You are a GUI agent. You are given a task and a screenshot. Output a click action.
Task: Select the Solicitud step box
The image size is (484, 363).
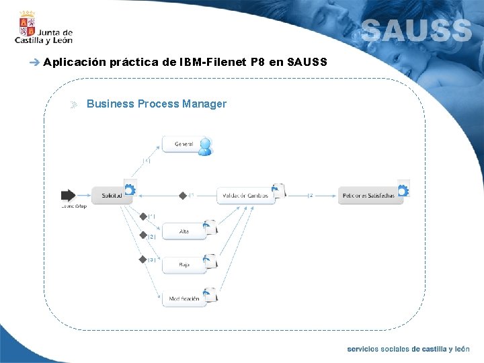[x=111, y=196]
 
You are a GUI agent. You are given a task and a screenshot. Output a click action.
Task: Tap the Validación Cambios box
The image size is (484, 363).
[x=245, y=196]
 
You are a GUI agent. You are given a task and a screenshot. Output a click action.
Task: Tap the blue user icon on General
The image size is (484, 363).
[x=205, y=147]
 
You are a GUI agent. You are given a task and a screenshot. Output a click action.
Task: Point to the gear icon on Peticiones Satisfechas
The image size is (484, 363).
[x=404, y=190]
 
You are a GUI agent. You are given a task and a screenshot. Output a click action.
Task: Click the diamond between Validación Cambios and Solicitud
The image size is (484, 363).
[x=182, y=196]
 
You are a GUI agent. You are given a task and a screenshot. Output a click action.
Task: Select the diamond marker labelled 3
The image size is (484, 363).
[x=143, y=259]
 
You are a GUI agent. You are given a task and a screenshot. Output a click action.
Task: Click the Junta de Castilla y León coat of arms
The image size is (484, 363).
[x=28, y=26]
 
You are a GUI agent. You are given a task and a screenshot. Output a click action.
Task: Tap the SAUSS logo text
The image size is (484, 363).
[x=417, y=30]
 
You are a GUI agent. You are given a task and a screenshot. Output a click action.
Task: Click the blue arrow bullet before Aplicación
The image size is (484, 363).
[x=35, y=63]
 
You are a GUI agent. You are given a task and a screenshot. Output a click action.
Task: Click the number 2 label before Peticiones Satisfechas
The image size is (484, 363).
[x=311, y=196]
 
